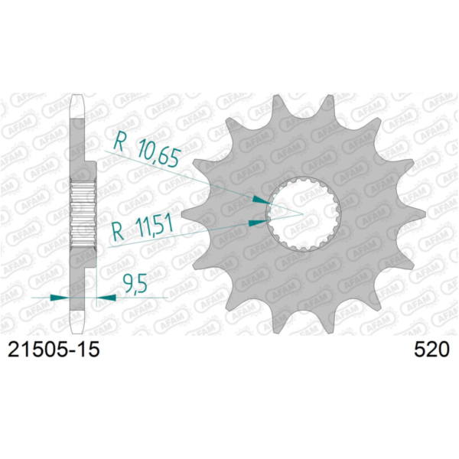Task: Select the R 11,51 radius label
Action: point(144,227)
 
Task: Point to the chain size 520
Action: point(430,350)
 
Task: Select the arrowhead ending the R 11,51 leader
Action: point(259,223)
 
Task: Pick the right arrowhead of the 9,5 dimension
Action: point(104,297)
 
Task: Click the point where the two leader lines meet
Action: point(304,210)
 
